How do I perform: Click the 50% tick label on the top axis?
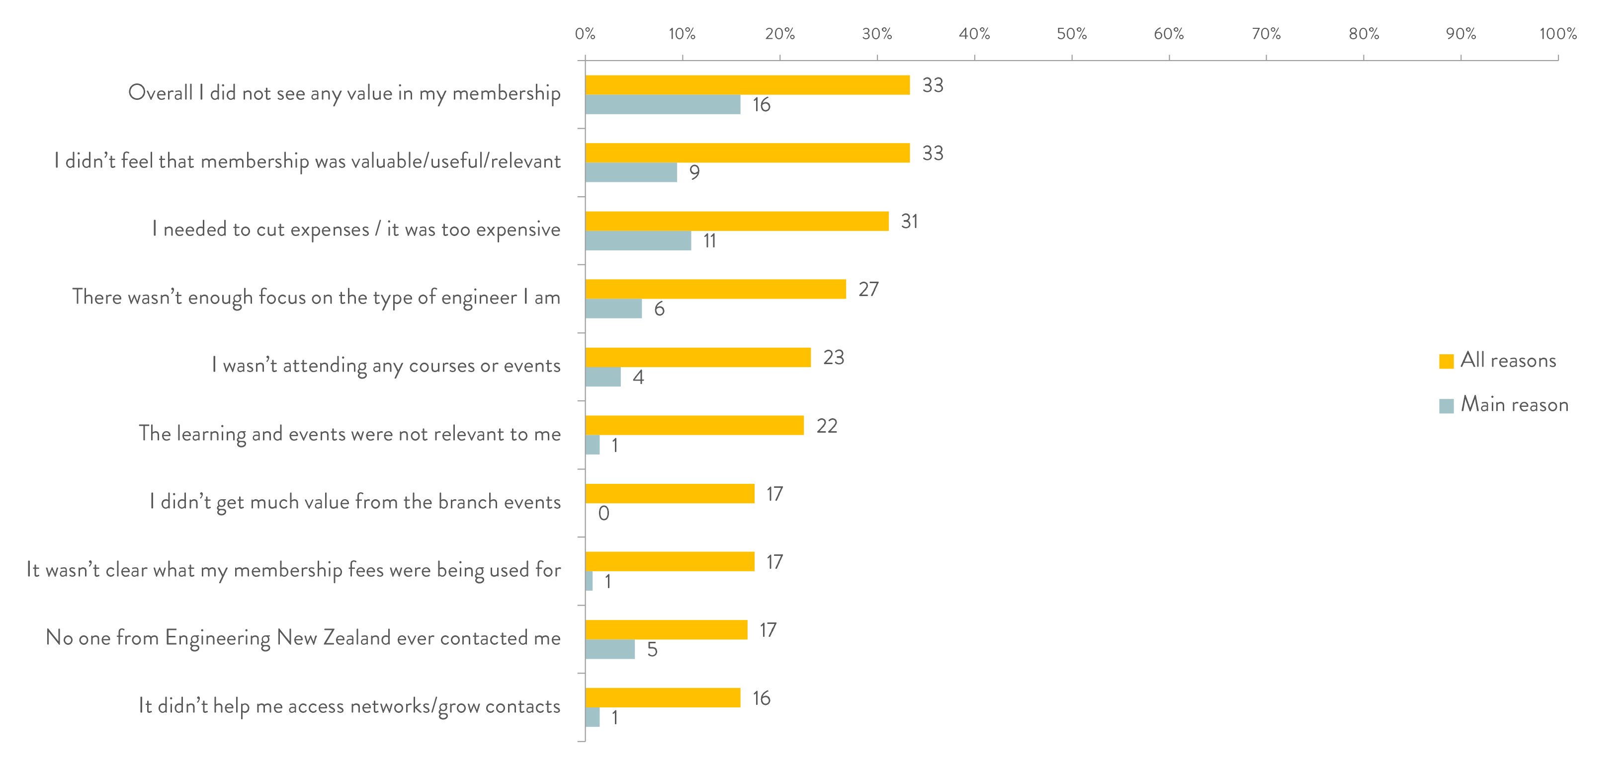[1071, 34]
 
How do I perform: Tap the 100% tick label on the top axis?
[1558, 34]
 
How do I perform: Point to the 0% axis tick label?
[585, 34]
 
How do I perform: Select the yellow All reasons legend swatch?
[1446, 361]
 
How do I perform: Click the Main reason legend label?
[1514, 404]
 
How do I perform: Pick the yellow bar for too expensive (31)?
[736, 221]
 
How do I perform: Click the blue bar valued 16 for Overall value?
[663, 105]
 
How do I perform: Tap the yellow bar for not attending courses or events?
[697, 357]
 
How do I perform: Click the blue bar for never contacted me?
[609, 649]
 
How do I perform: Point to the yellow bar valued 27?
[715, 289]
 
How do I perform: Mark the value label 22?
[827, 426]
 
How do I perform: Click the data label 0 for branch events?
[603, 513]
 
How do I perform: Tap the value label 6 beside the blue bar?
[659, 308]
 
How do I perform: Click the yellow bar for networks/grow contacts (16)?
[663, 698]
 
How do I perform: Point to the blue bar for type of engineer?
[613, 308]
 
